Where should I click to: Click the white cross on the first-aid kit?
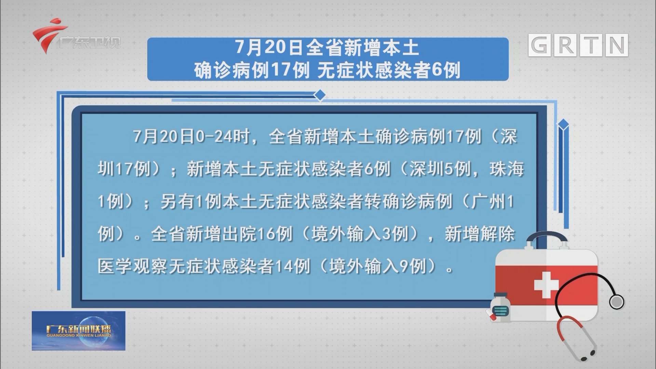[x=546, y=285]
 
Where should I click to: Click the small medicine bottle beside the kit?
[x=500, y=307]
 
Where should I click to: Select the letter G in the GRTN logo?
[x=539, y=45]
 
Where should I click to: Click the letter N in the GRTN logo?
[x=617, y=45]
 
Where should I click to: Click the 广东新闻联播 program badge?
[x=79, y=330]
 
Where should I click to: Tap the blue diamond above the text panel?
[x=320, y=95]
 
